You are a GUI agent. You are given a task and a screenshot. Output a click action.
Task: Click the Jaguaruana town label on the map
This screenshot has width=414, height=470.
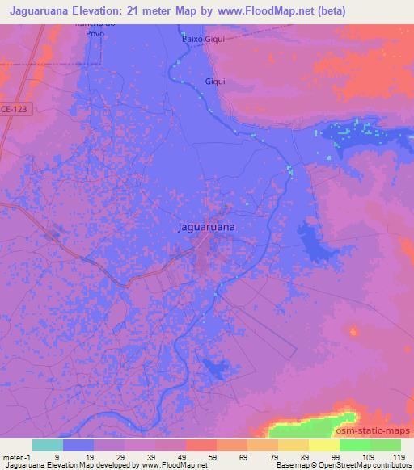coord(207,228)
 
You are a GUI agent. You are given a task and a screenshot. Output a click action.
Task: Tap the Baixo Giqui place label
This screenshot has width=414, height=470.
coord(203,38)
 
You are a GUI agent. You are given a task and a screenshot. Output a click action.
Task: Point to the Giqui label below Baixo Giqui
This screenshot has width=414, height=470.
coord(217,82)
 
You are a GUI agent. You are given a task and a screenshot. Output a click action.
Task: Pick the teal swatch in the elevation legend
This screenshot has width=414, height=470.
coord(48,445)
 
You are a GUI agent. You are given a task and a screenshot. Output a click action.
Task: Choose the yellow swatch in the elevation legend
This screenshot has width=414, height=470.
coord(324,445)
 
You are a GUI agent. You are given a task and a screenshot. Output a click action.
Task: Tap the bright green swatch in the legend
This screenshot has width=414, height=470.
coord(355,445)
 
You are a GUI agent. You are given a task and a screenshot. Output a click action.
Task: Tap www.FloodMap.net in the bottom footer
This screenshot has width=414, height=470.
coord(171,465)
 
